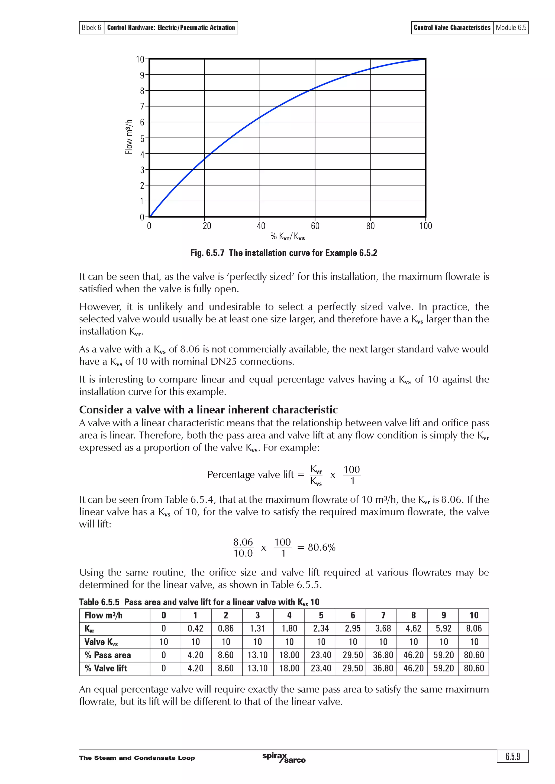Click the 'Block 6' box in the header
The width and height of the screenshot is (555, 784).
91,28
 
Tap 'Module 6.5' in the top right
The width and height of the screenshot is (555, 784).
511,28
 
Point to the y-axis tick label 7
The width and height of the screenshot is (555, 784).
142,107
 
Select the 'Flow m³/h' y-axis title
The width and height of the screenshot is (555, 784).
128,137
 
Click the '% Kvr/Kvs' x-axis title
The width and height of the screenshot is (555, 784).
287,236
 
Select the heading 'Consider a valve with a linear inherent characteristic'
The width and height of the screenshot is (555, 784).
208,409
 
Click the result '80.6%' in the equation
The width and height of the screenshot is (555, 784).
321,547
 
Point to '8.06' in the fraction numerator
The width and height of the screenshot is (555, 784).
243,542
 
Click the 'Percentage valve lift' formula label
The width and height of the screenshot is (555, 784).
250,474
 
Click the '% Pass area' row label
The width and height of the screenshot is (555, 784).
108,655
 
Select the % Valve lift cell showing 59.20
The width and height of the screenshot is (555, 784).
444,668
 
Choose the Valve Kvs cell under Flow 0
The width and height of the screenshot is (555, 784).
164,642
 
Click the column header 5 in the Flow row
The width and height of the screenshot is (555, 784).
321,615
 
